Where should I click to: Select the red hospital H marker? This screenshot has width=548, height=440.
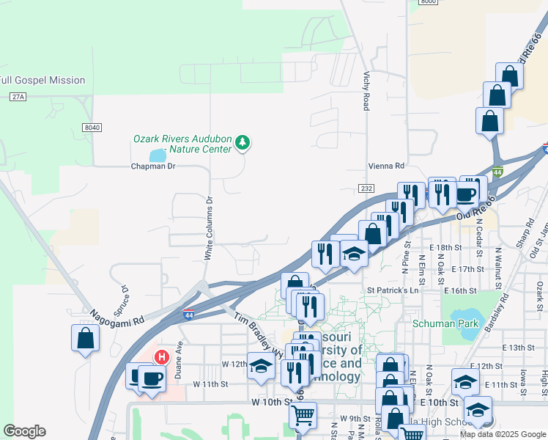(x=162, y=358)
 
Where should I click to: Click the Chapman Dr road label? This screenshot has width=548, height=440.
(x=153, y=166)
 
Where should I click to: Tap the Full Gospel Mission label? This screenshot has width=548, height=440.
(x=42, y=80)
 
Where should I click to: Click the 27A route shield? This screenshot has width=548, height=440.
(x=18, y=97)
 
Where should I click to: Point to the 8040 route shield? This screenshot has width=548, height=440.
(x=92, y=128)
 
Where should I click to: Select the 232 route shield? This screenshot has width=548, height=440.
(x=366, y=188)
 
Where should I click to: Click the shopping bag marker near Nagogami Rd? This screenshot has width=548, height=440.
(x=85, y=338)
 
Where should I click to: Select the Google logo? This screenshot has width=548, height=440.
(x=24, y=431)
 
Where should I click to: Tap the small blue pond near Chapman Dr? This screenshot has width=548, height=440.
(x=158, y=155)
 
